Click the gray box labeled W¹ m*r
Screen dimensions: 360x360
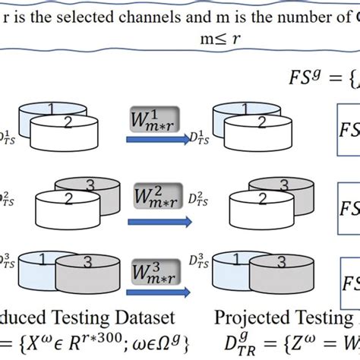tap(155, 119)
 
